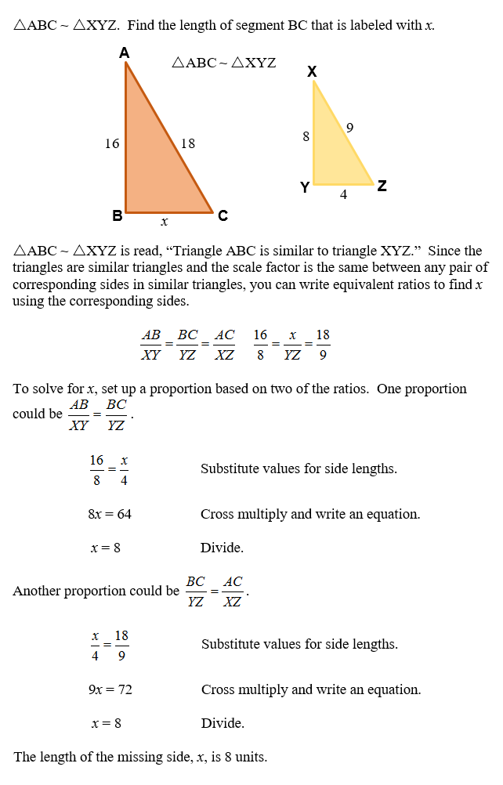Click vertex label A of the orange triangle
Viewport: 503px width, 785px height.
click(x=125, y=52)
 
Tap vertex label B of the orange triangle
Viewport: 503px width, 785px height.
click(x=117, y=216)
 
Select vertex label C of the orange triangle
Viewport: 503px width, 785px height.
click(x=223, y=216)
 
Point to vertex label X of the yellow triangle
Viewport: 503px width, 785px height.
click(x=312, y=72)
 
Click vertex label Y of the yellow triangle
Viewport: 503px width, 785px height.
click(x=304, y=187)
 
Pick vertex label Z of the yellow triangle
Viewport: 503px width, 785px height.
click(x=382, y=186)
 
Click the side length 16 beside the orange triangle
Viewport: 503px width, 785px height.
click(x=112, y=143)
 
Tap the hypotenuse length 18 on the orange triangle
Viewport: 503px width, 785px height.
click(x=188, y=143)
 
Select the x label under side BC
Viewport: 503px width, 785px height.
click(x=165, y=222)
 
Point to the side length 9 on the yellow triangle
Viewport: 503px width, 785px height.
click(x=349, y=127)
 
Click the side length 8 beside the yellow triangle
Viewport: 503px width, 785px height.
click(x=306, y=136)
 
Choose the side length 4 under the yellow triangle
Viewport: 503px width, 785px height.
click(x=343, y=195)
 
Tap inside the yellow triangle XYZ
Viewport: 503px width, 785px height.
click(x=333, y=153)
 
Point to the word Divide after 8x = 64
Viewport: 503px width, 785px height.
click(x=222, y=548)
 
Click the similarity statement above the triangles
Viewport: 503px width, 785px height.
click(x=223, y=63)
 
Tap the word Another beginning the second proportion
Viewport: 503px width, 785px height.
click(x=39, y=591)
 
